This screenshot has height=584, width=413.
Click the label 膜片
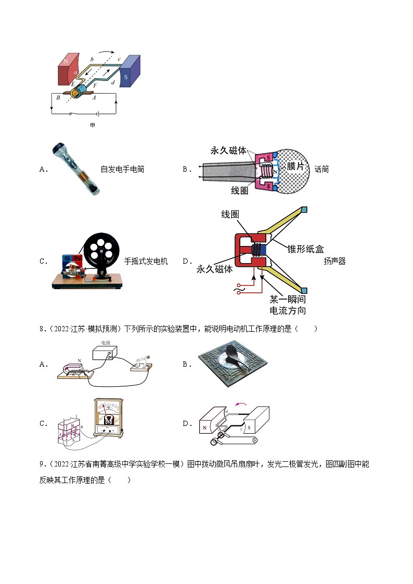tap(295, 166)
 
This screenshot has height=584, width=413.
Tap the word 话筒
tap(321, 169)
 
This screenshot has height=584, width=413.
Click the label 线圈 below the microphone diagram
tap(240, 191)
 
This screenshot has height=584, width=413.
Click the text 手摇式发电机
tap(146, 261)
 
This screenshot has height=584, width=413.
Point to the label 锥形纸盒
tap(305, 249)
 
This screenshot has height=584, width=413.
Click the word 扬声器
tap(334, 261)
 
